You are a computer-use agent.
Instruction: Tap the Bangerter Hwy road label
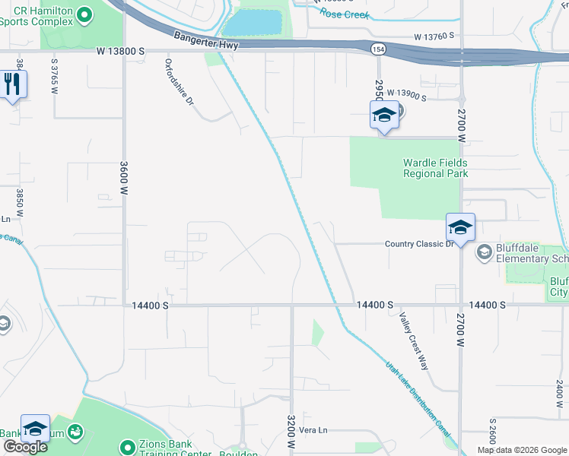pyautogui.click(x=206, y=40)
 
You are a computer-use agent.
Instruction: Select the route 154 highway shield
pyautogui.click(x=377, y=49)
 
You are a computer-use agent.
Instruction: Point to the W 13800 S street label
pyautogui.click(x=120, y=51)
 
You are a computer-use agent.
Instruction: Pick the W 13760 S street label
pyautogui.click(x=434, y=36)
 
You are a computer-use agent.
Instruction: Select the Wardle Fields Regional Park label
pyautogui.click(x=435, y=168)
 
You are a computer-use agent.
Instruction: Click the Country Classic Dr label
pyautogui.click(x=419, y=243)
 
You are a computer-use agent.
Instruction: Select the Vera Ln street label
pyautogui.click(x=313, y=430)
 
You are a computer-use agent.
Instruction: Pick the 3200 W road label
pyautogui.click(x=291, y=430)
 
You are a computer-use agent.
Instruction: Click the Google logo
pyautogui.click(x=25, y=447)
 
